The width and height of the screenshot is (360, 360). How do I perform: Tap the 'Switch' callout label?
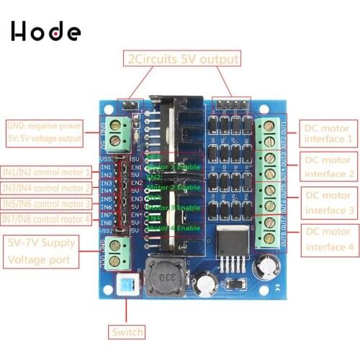pyautogui.click(x=127, y=333)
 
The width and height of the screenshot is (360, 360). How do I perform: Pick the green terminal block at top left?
pyautogui.click(x=118, y=131)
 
